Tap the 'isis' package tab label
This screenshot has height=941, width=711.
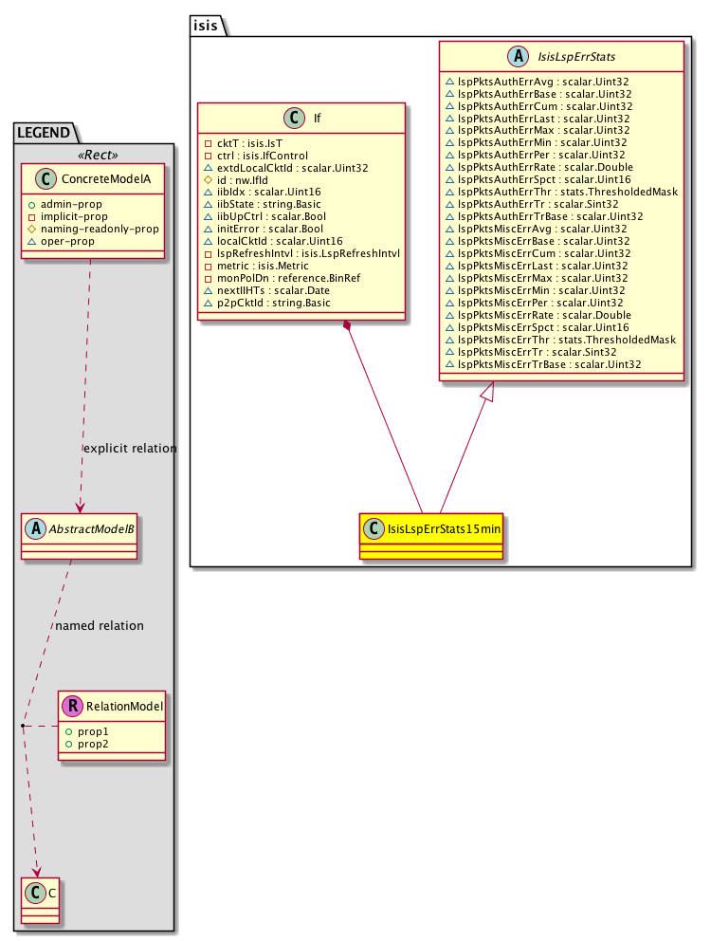(x=206, y=26)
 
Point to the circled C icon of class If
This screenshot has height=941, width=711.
(x=293, y=119)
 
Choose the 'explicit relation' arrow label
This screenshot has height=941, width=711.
(x=130, y=448)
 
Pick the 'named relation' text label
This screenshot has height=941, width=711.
(x=100, y=626)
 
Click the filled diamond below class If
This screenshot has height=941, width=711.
(x=349, y=327)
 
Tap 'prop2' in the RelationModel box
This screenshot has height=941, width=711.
(x=82, y=746)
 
